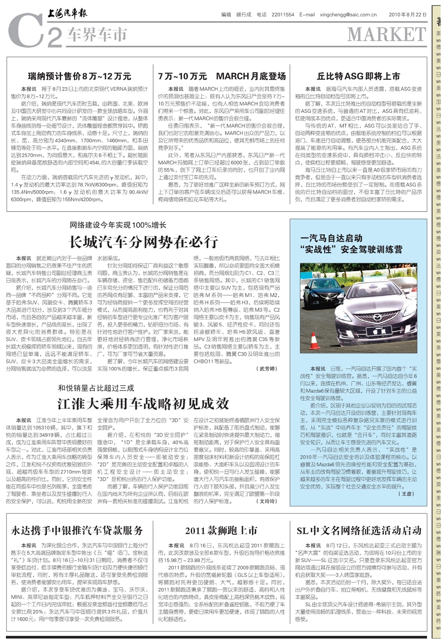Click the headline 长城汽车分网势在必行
[x=143, y=242]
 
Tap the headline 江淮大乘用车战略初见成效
[x=143, y=403]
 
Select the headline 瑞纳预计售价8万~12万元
[x=80, y=76]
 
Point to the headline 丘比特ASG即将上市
[x=358, y=76]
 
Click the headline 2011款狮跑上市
[x=221, y=530]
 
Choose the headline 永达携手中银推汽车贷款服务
[x=77, y=530]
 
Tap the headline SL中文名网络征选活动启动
[x=359, y=530]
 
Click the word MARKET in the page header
[x=387, y=34]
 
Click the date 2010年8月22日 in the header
[x=408, y=15]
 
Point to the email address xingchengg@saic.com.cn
[x=348, y=15]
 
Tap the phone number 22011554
[x=283, y=15]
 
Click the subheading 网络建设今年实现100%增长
[x=118, y=225]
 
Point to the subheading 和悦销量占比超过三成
[x=96, y=388]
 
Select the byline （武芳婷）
[x=267, y=369]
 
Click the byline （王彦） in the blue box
[x=406, y=494]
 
